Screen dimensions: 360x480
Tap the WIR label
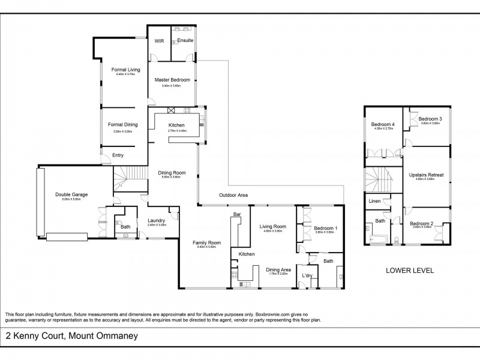click(159, 41)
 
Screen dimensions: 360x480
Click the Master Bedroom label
click(172, 80)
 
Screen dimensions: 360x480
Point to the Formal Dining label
click(123, 125)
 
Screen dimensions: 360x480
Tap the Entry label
click(118, 155)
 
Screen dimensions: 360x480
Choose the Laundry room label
click(157, 220)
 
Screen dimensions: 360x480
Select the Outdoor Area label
click(233, 195)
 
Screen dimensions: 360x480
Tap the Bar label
click(237, 214)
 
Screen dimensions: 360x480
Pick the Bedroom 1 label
click(326, 228)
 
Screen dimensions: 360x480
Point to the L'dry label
click(307, 275)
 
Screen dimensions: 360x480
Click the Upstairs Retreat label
click(426, 175)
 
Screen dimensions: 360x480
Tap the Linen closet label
click(374, 201)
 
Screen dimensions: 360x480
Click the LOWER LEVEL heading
click(409, 271)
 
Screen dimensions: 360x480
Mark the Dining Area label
click(278, 270)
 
